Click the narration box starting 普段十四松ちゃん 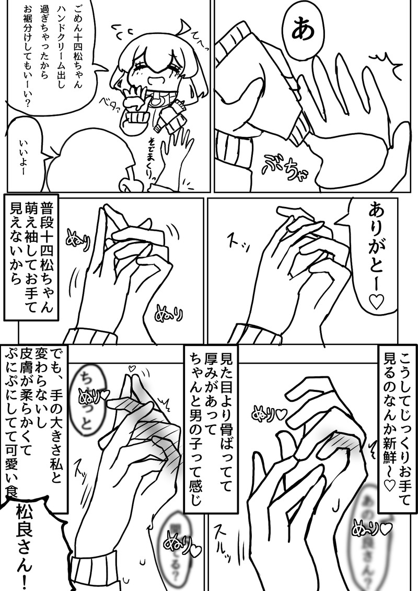point(32,256)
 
